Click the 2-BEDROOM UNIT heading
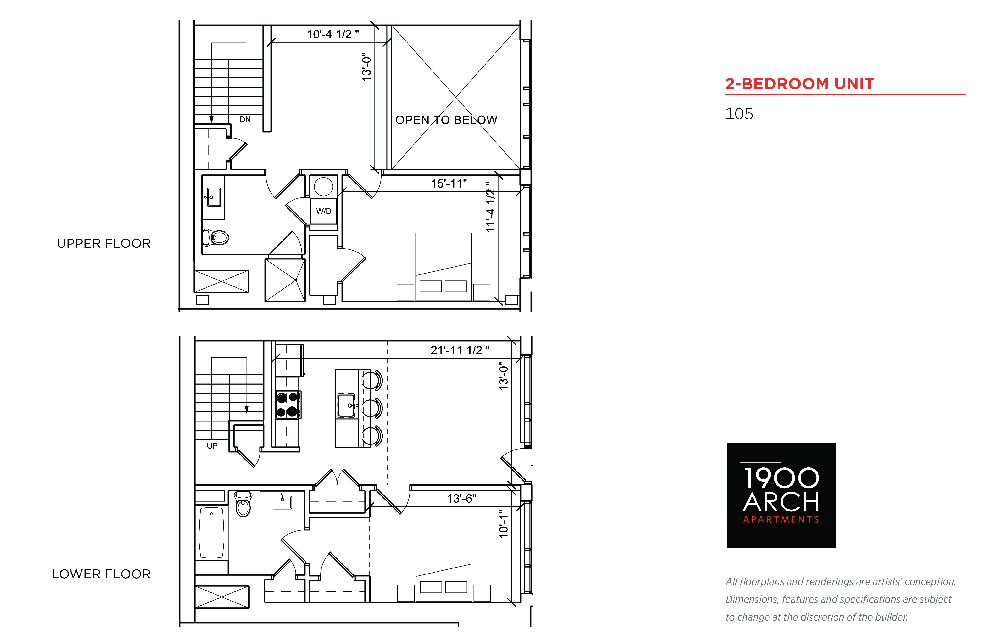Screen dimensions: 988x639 pos(799,84)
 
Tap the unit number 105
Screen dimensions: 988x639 pos(739,114)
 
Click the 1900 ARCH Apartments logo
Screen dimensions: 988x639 pos(781,495)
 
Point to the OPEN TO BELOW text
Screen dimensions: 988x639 pos(446,120)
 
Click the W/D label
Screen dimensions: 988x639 pos(324,211)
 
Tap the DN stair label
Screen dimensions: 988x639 pos(245,120)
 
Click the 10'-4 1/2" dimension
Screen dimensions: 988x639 pos(333,34)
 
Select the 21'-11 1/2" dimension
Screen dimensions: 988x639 pos(460,350)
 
